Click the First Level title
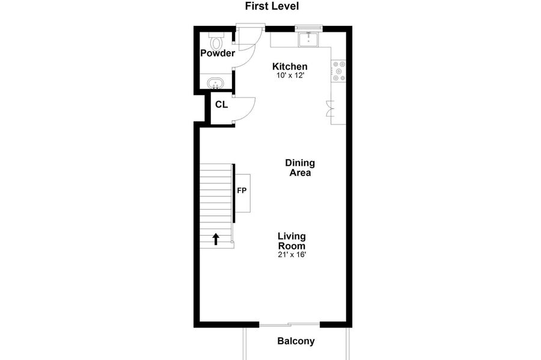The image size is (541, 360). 272,6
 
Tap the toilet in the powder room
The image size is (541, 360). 216,41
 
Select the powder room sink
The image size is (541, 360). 215,83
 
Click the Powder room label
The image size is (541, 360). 218,53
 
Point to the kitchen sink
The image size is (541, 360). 308,40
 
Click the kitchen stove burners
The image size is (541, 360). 338,71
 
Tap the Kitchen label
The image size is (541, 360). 290,66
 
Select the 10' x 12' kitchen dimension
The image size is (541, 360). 290,75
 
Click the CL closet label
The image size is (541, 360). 221,105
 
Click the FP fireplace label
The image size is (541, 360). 242,191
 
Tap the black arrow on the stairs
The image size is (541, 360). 216,239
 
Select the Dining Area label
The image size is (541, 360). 300,168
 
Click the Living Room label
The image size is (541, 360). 292,241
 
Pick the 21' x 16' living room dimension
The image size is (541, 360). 292,255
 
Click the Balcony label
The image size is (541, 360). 296,341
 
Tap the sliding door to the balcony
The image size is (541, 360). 290,324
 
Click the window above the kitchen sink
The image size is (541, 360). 309,27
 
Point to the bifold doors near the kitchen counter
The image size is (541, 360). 331,108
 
